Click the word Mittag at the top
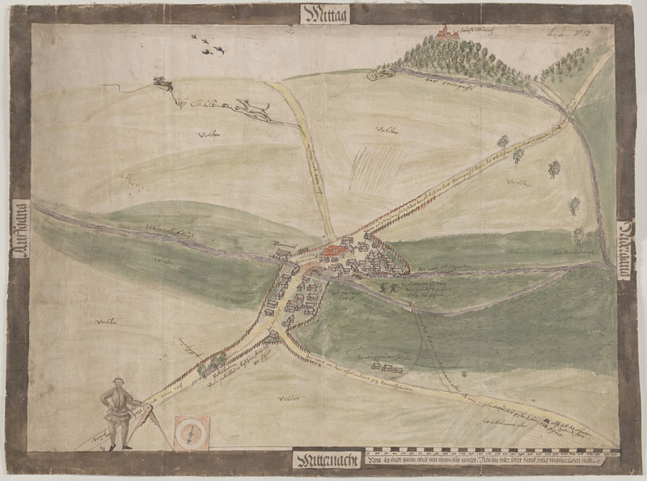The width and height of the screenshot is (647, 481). click(323, 13)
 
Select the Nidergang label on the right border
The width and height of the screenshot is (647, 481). click(627, 251)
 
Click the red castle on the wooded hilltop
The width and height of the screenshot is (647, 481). click(443, 32)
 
